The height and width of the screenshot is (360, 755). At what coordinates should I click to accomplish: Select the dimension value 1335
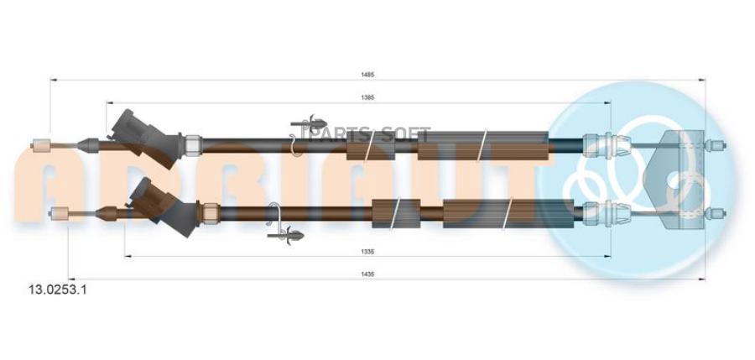coord(367,249)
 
